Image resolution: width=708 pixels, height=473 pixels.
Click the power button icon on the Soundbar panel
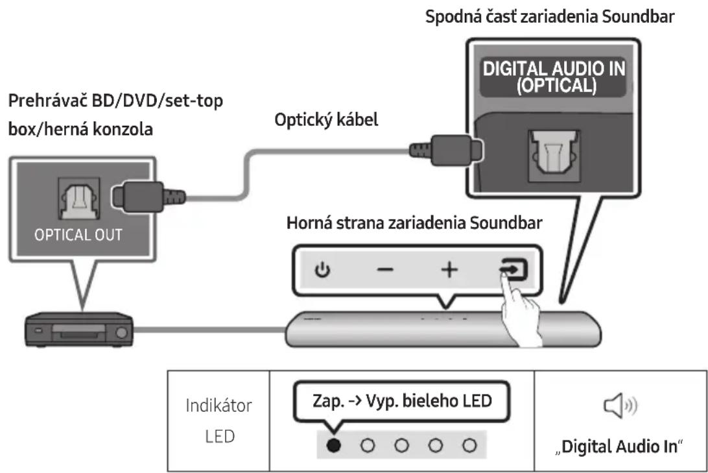click(322, 270)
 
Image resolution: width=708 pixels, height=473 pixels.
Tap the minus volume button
click(385, 270)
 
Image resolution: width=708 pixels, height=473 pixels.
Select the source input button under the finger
click(513, 269)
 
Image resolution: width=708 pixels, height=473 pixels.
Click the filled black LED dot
click(333, 446)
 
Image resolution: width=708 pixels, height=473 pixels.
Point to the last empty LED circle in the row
click(469, 446)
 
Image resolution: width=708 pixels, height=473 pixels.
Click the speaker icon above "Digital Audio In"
click(620, 406)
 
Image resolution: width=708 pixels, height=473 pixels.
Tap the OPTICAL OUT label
click(78, 235)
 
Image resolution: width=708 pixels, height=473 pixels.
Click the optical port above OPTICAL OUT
click(79, 199)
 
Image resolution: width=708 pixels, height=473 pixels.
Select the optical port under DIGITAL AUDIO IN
click(554, 156)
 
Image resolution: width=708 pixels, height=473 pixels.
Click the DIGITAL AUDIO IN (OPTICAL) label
click(554, 77)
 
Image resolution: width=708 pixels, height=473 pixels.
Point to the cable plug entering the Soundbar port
click(445, 150)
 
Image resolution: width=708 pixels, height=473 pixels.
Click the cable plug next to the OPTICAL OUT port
click(148, 196)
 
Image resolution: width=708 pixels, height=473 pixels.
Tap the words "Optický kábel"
click(327, 120)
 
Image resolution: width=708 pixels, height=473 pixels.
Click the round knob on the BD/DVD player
click(121, 333)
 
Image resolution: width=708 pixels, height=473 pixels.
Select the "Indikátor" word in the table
click(219, 406)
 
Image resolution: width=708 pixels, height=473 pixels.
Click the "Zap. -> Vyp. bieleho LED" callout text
click(402, 401)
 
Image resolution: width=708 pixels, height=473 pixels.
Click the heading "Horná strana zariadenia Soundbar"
click(414, 223)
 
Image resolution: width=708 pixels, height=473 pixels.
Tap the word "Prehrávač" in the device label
click(47, 101)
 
